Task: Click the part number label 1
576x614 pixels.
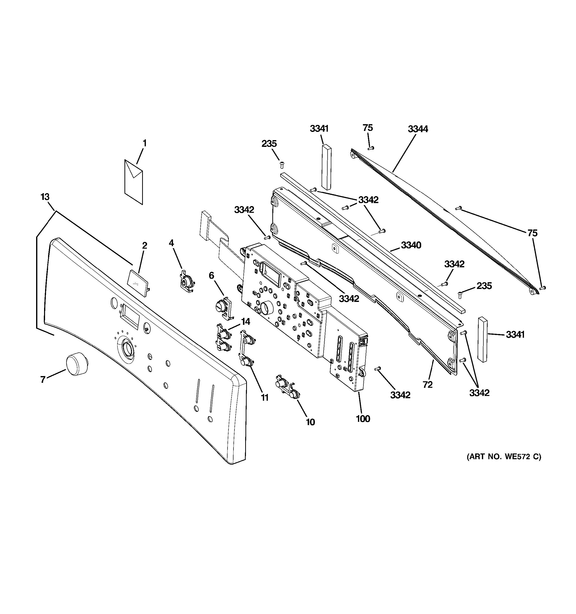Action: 144,143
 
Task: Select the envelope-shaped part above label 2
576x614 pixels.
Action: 134,182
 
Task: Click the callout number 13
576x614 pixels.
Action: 45,197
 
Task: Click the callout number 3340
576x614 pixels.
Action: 411,245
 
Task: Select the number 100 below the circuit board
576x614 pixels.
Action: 363,419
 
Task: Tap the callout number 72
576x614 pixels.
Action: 428,385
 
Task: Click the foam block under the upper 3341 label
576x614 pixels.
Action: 326,167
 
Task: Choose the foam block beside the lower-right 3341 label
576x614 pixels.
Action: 482,339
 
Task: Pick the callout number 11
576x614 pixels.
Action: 265,398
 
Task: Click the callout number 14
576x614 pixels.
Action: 245,322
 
